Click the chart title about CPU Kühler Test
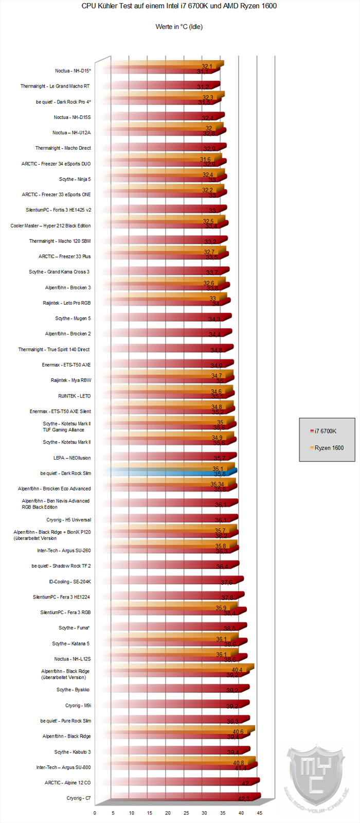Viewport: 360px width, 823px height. click(179, 6)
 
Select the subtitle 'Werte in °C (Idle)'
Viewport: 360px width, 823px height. click(179, 27)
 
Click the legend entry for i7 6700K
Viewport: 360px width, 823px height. click(325, 431)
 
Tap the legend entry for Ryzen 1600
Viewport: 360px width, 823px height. click(329, 448)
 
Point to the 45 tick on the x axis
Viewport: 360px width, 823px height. click(260, 813)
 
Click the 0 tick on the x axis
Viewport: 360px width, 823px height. click(95, 813)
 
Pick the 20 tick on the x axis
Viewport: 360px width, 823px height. click(168, 813)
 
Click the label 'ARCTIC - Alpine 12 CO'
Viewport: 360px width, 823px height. click(67, 783)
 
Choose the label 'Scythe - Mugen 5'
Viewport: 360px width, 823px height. click(73, 319)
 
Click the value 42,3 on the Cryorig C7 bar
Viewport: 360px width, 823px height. click(243, 799)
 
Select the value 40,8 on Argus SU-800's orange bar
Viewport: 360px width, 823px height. click(239, 763)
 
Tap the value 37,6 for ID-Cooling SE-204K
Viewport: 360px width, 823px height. click(226, 582)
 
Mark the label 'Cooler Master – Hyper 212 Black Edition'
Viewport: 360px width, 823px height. click(50, 225)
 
